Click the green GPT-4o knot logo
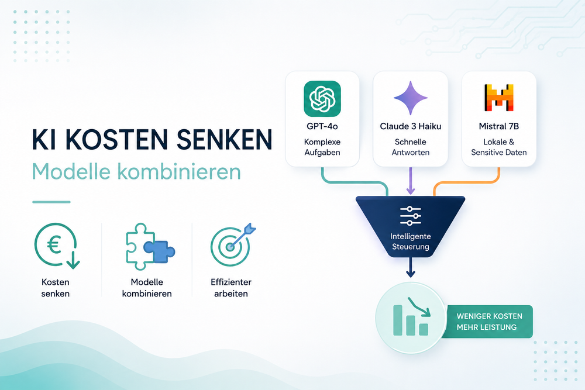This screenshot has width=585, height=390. pos(322,99)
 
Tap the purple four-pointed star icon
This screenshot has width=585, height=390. pos(411,98)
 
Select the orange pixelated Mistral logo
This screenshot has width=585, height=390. pos(499,98)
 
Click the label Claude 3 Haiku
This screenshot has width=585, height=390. pos(411,126)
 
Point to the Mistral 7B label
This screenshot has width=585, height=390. pos(499,126)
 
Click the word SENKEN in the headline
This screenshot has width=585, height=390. pos(224,139)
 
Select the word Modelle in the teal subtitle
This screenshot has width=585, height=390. pos(71,171)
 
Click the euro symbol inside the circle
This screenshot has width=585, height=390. pos(54,246)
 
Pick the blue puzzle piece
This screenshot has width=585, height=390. pos(159,250)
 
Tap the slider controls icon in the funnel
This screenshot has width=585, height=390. pos(411,216)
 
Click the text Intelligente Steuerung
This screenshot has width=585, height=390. pos(411,241)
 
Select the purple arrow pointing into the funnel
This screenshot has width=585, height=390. pos(411,181)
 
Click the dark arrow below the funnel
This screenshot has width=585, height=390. pos(411,267)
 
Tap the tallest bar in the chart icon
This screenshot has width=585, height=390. pos(398,320)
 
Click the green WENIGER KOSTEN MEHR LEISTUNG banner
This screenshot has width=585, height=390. pos(487,322)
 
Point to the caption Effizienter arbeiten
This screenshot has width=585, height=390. pos(231,288)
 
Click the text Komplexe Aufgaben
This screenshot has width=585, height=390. pos(322,147)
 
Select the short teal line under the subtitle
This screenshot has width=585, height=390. pos(51,202)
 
